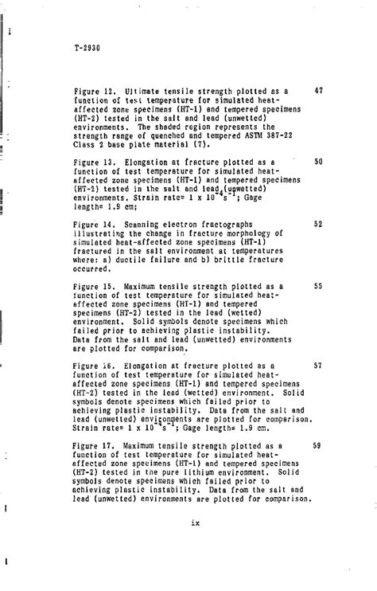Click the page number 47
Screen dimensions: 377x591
click(318, 92)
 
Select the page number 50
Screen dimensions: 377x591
click(318, 162)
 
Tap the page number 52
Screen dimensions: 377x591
click(318, 224)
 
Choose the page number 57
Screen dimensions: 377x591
click(318, 366)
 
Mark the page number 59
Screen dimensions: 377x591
click(318, 445)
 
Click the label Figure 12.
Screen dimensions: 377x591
click(92, 92)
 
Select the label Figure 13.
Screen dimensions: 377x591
click(92, 162)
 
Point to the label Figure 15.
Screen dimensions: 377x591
click(92, 286)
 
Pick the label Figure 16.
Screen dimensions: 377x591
click(92, 366)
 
